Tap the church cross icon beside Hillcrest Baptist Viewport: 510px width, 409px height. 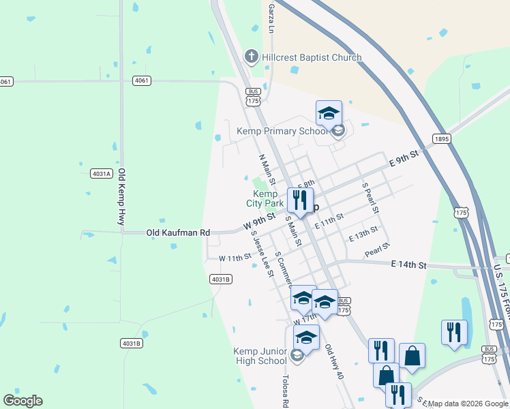point(251,57)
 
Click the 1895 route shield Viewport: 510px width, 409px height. point(441,139)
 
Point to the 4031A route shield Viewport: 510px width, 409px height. point(101,173)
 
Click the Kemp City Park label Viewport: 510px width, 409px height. point(265,198)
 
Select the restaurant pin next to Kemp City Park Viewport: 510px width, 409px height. point(299,200)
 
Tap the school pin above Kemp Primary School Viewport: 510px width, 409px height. point(329,114)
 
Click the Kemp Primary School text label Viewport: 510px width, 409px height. point(282,131)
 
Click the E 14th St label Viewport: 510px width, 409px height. point(408,264)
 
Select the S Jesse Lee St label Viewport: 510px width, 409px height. point(262,253)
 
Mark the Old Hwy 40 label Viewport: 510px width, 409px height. point(334,362)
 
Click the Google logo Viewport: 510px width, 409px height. point(22,400)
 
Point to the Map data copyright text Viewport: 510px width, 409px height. point(468,404)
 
